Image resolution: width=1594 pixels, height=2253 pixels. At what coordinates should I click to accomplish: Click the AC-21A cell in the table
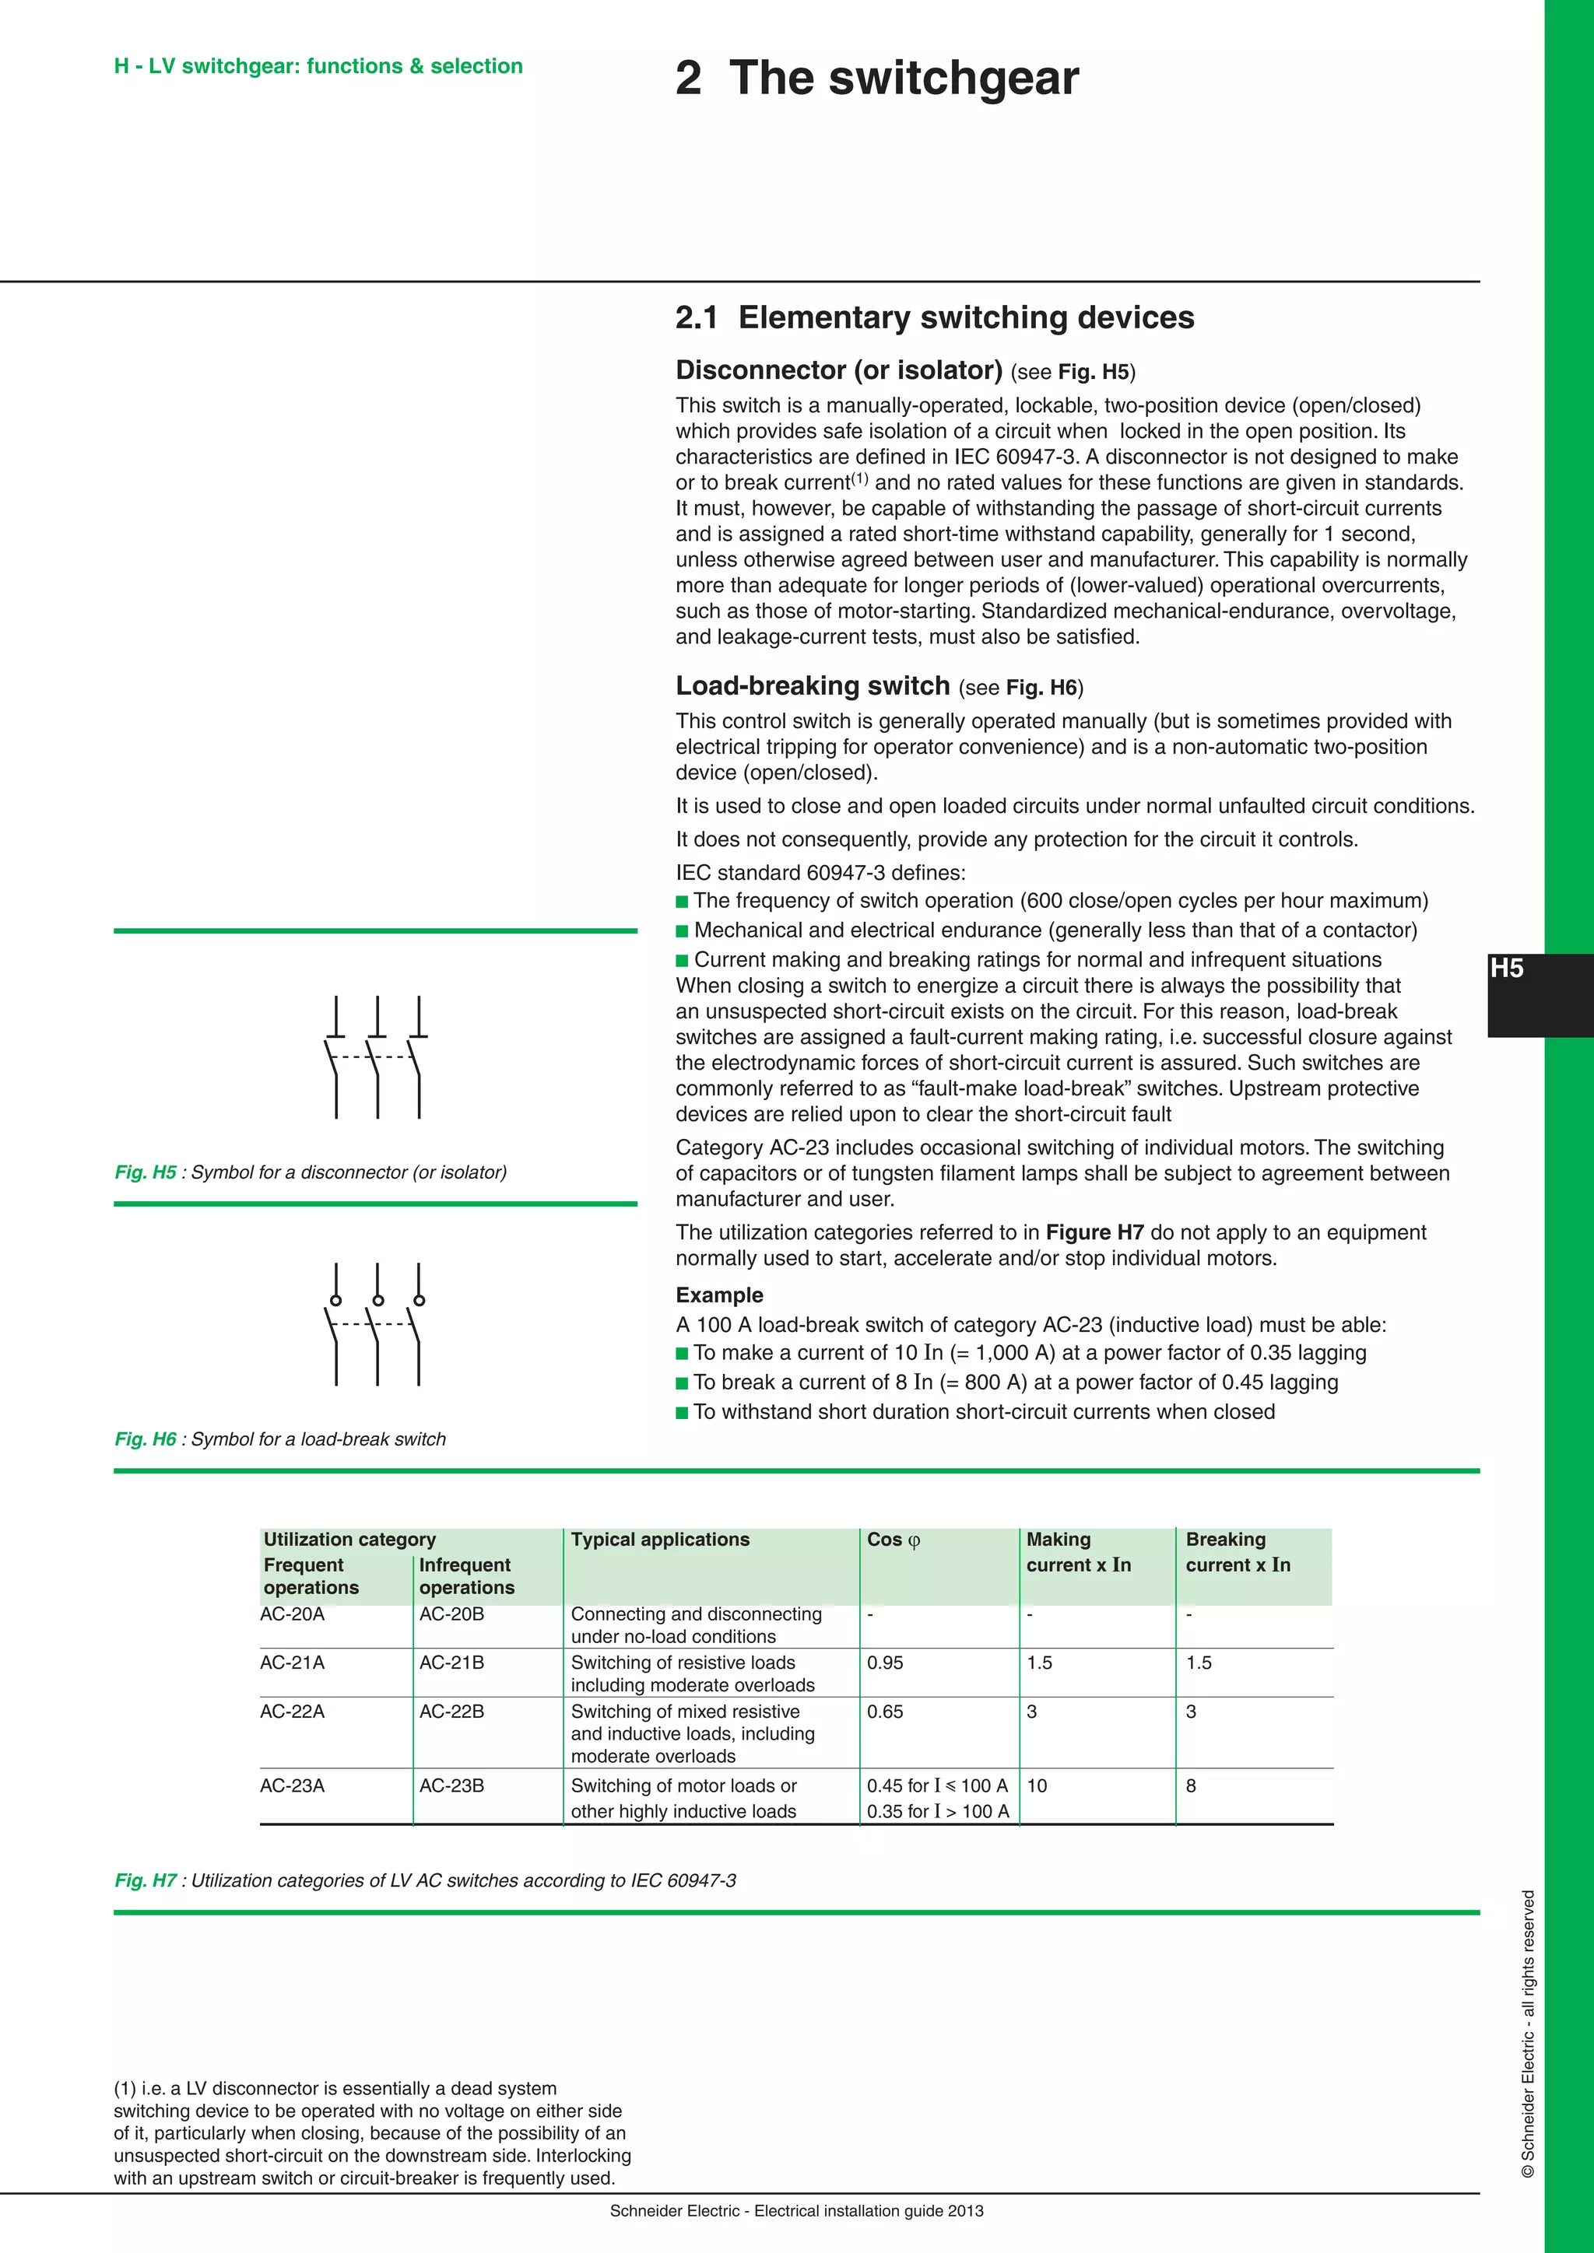292,1663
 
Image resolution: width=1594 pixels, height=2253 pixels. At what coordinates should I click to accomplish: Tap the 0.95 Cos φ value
884,1663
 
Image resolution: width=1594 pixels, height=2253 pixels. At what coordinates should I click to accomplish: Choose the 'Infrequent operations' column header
466,1576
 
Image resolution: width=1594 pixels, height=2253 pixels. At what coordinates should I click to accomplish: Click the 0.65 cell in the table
884,1712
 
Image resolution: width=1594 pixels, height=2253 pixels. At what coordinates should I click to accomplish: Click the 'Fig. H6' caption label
146,1438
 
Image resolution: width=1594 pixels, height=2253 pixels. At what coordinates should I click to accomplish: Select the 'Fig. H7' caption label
146,1880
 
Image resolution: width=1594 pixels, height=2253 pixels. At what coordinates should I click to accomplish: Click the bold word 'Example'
718,1295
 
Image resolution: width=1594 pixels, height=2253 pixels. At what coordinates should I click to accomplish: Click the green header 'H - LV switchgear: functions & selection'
318,66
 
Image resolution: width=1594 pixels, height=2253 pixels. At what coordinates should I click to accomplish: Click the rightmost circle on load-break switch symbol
419,1300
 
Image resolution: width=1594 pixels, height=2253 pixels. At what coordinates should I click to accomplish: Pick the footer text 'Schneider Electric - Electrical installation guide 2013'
796,2211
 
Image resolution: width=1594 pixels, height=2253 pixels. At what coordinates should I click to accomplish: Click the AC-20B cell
451,1614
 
